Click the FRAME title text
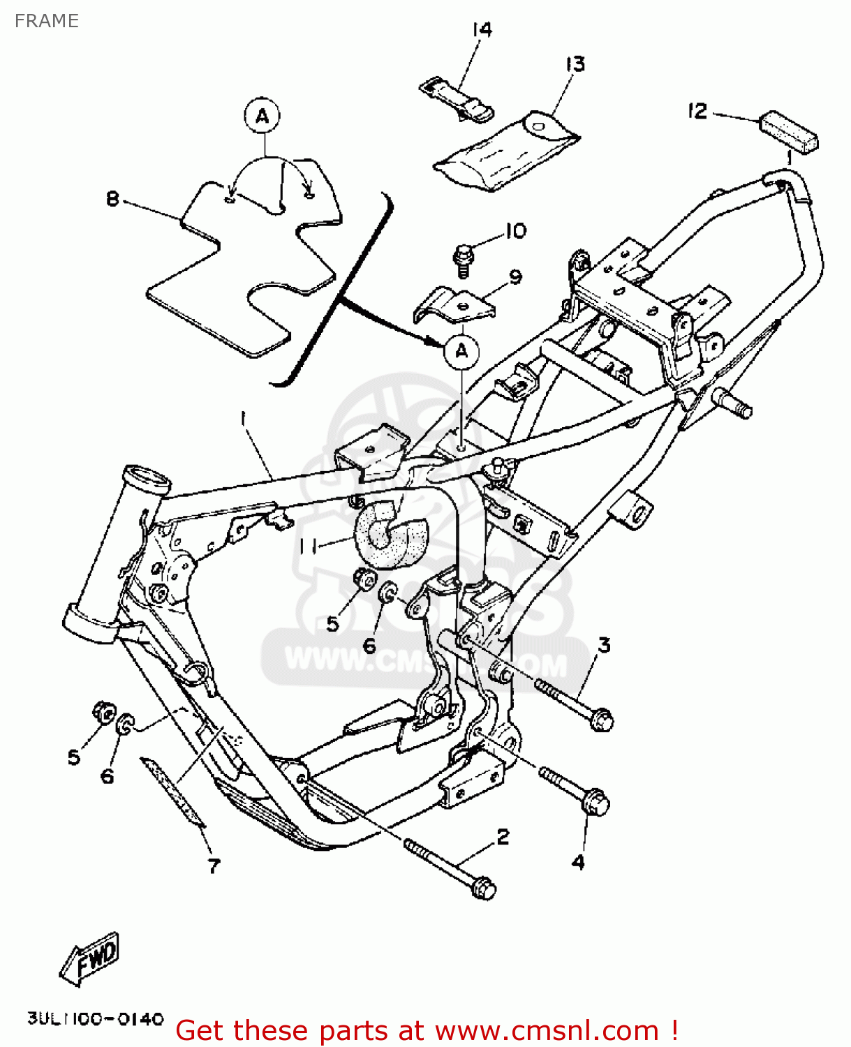pyautogui.click(x=46, y=21)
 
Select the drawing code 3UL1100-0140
pyautogui.click(x=96, y=1019)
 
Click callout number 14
pyautogui.click(x=482, y=30)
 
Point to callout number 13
pyautogui.click(x=575, y=64)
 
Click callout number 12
pyautogui.click(x=697, y=111)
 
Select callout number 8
pyautogui.click(x=113, y=199)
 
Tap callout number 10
pyautogui.click(x=515, y=231)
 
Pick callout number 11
pyautogui.click(x=308, y=546)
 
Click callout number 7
pyautogui.click(x=214, y=866)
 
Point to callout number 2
pyautogui.click(x=503, y=836)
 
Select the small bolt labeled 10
pyautogui.click(x=462, y=258)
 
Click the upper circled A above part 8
pyautogui.click(x=262, y=116)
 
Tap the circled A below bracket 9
pyautogui.click(x=461, y=351)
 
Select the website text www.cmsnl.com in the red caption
pyautogui.click(x=547, y=1030)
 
